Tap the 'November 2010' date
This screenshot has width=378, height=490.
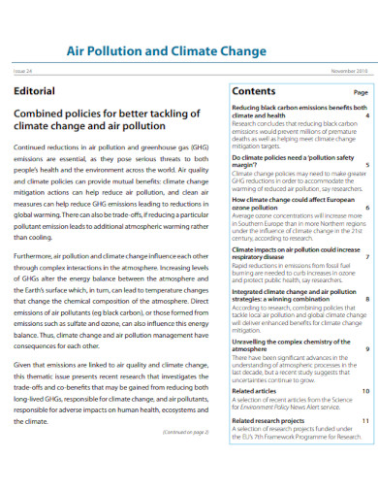click(x=348, y=71)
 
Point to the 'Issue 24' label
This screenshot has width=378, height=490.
click(x=22, y=71)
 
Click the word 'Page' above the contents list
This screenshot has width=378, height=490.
click(x=360, y=92)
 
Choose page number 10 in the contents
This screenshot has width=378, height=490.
click(x=365, y=391)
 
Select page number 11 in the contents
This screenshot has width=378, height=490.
click(x=365, y=420)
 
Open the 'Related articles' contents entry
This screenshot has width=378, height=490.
click(x=259, y=391)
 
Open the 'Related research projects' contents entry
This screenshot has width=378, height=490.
click(x=275, y=420)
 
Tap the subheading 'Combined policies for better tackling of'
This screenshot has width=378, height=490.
click(x=106, y=113)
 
